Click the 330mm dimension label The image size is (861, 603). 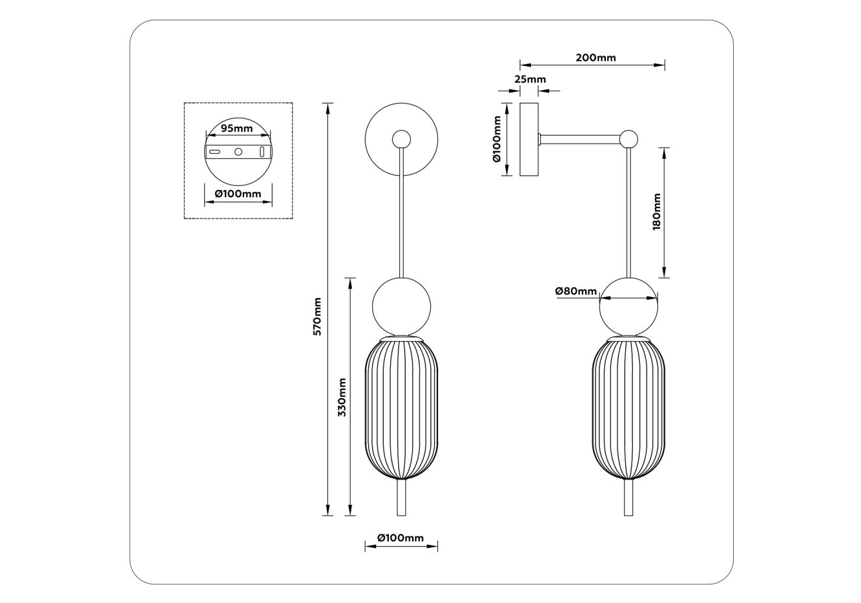coord(342,397)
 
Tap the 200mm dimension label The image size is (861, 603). coord(596,58)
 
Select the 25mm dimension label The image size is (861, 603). coord(530,79)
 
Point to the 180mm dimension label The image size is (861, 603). coord(657,211)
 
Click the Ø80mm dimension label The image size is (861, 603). coord(576,291)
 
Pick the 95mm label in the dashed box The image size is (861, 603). coord(237,128)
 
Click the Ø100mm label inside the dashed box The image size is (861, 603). coord(238,193)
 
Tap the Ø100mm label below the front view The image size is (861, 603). coord(400,538)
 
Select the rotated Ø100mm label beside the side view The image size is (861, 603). coord(497,139)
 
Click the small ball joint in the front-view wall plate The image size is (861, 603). coord(401,139)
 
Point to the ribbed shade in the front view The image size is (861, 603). coord(401,408)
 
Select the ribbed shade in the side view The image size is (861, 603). coord(628,408)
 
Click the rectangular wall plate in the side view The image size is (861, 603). coord(529,139)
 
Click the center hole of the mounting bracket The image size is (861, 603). coord(238,151)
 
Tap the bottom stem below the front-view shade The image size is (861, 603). coord(401,497)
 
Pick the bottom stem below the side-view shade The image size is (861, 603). coord(628,497)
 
